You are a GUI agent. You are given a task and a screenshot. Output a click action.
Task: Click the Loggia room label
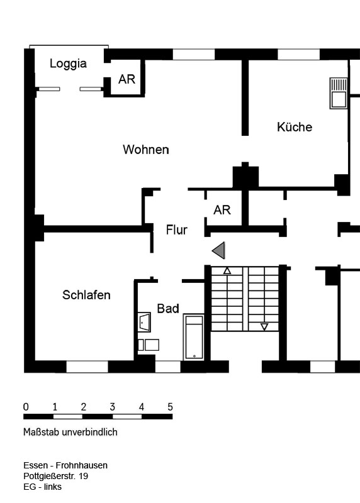tap(68, 64)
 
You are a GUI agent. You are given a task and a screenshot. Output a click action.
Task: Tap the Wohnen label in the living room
tap(146, 150)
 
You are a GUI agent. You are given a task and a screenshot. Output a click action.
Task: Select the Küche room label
tap(295, 127)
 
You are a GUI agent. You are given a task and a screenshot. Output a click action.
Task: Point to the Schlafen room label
tap(86, 295)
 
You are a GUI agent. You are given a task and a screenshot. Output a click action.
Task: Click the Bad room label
tap(168, 309)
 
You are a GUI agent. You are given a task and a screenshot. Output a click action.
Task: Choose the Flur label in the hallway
tap(177, 229)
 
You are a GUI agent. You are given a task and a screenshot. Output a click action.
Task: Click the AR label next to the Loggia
tap(127, 79)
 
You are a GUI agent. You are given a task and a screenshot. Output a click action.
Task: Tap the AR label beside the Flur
tap(222, 210)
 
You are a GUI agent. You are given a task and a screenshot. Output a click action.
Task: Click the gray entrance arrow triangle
tap(218, 250)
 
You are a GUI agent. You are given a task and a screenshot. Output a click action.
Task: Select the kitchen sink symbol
tap(339, 93)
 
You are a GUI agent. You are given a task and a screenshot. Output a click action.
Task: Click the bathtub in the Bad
tap(194, 337)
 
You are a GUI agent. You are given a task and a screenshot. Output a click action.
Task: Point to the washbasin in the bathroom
tap(144, 322)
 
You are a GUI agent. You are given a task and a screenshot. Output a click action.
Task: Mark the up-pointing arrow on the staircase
tap(227, 271)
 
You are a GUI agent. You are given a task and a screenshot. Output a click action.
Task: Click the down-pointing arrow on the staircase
tap(264, 327)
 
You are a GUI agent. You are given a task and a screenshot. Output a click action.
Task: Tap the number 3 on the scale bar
tap(113, 407)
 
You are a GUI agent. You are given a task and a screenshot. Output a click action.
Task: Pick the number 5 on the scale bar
tap(170, 407)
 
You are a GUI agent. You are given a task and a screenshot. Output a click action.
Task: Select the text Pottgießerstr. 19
tap(55, 476)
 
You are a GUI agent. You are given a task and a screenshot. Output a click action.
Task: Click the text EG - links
tap(42, 487)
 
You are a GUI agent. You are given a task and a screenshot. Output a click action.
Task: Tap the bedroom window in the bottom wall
tap(87, 367)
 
